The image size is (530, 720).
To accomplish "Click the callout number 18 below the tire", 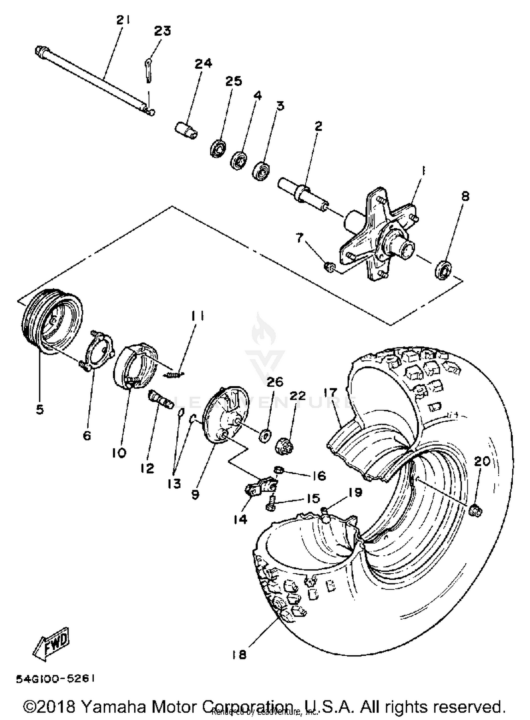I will click(239, 655).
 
